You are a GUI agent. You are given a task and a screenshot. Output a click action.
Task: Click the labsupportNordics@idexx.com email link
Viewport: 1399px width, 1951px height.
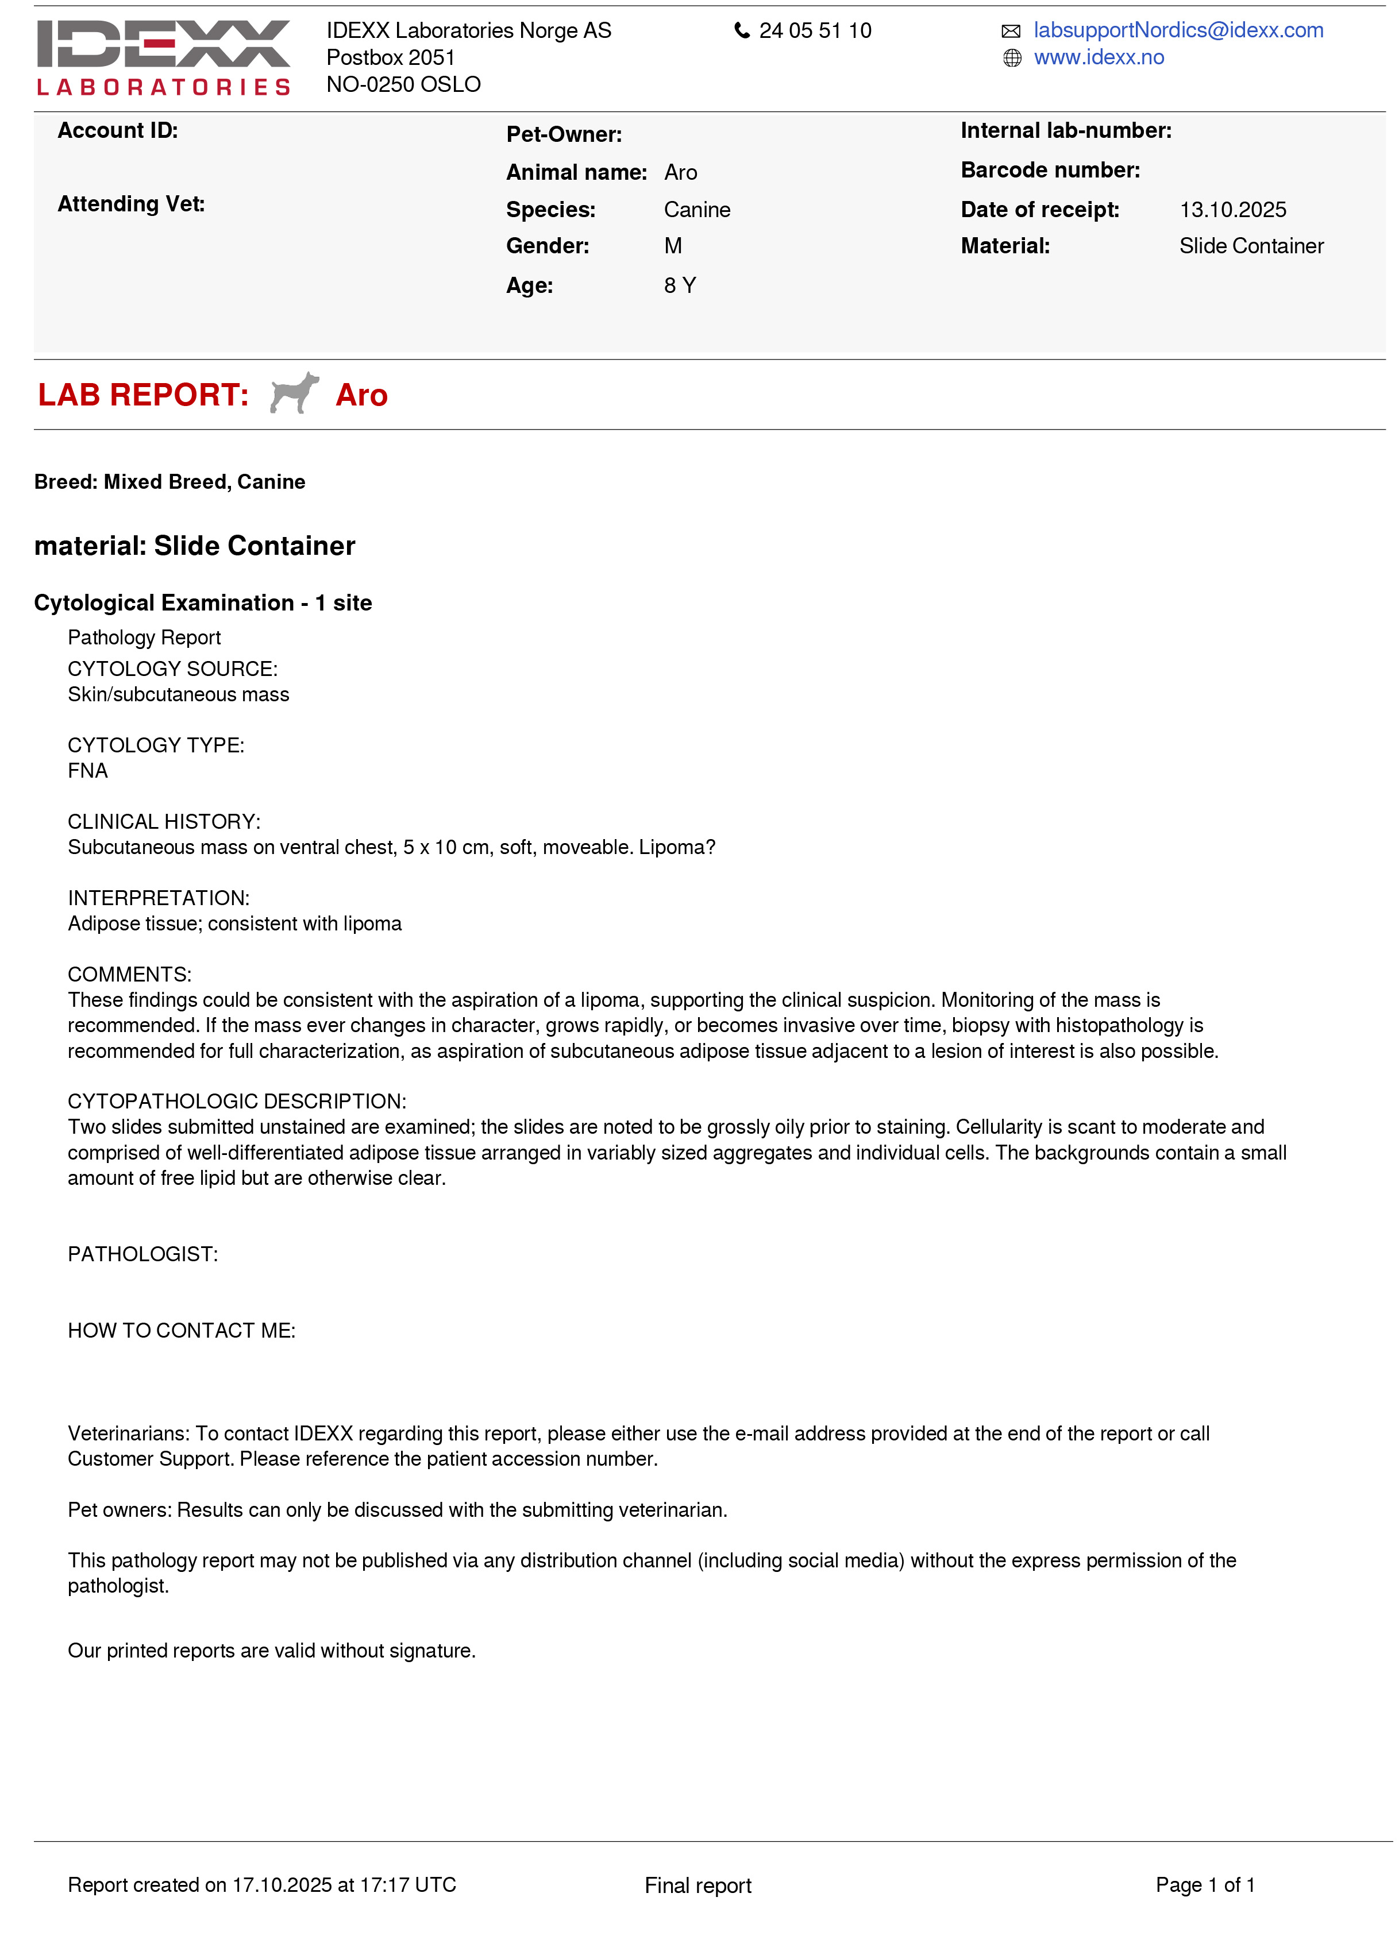1178,30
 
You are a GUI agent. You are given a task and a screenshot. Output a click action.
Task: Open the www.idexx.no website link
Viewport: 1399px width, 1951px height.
1099,57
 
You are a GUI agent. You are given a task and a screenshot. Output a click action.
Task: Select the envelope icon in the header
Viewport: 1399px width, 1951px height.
1011,32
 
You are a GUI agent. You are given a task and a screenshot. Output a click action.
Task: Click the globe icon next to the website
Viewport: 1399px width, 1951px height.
1012,59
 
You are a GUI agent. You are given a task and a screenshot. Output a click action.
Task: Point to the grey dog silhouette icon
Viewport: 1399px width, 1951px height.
294,393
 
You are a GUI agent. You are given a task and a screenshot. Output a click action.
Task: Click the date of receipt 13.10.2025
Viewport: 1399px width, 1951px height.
1232,210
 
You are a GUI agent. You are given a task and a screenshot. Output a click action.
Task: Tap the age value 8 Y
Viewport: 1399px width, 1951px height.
680,285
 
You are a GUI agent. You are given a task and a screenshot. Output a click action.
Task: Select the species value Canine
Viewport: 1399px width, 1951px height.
697,210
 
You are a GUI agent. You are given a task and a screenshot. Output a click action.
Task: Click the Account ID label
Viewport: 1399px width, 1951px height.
118,131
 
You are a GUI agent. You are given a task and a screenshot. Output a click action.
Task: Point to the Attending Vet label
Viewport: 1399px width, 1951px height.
131,204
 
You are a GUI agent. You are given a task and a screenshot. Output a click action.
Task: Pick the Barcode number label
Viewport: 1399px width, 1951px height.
1050,171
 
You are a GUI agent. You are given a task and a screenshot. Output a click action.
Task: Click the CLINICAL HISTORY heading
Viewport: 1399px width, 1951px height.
164,821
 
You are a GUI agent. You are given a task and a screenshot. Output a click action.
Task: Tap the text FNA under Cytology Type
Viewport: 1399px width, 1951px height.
88,771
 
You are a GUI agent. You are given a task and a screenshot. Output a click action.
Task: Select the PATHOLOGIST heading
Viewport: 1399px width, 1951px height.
143,1254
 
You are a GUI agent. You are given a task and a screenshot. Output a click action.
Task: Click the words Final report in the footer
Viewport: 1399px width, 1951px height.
698,1886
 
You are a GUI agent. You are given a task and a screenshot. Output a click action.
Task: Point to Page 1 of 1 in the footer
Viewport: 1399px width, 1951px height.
1205,1885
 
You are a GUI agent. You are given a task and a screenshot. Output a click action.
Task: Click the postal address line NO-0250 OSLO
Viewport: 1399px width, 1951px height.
403,84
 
